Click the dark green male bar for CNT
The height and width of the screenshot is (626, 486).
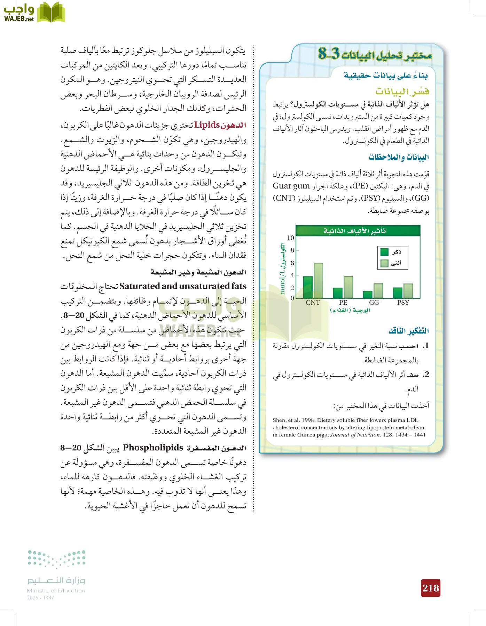[x=308, y=287]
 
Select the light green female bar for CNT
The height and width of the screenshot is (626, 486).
[x=318, y=281]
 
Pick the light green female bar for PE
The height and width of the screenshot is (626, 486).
[x=348, y=287]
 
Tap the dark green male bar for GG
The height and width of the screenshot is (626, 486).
[x=368, y=295]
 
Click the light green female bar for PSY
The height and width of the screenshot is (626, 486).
[x=408, y=291]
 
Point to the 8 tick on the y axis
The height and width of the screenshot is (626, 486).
[x=292, y=250]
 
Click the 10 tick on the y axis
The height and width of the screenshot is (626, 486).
[x=291, y=238]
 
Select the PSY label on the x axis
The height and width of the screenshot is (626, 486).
[x=403, y=303]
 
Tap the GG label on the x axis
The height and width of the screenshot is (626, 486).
[x=374, y=303]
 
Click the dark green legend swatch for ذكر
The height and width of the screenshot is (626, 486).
[x=384, y=252]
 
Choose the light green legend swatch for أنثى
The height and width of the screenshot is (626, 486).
[x=384, y=263]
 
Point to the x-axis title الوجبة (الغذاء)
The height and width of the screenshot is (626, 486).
[x=350, y=310]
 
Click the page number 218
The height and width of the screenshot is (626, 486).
[x=431, y=588]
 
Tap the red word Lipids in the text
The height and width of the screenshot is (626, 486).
[x=207, y=125]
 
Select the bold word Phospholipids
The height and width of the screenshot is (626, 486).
[x=153, y=448]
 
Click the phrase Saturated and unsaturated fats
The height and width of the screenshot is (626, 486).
[x=183, y=286]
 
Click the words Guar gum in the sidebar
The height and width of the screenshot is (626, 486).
[x=291, y=186]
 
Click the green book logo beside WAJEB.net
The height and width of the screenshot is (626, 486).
[x=51, y=13]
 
